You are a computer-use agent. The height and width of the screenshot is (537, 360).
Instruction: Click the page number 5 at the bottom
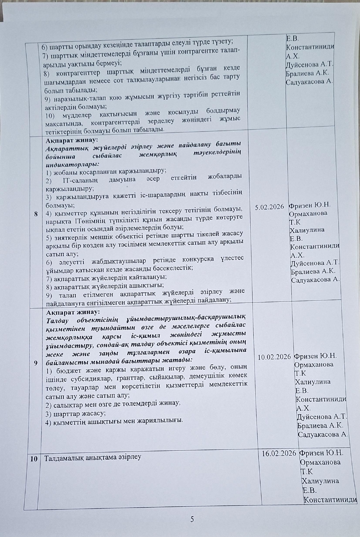(x=192, y=519)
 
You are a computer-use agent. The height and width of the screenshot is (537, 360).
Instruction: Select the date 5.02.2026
(x=269, y=207)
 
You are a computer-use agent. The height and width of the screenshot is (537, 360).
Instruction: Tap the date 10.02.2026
(x=274, y=357)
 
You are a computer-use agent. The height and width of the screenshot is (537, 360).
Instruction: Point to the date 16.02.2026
(x=279, y=453)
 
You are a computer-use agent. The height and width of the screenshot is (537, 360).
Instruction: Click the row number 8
(x=36, y=214)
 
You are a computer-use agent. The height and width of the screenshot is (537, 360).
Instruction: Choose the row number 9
(x=36, y=363)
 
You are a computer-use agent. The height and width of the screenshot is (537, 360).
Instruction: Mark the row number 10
(x=34, y=459)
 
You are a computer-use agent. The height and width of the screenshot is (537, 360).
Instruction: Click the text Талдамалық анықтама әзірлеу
(x=92, y=457)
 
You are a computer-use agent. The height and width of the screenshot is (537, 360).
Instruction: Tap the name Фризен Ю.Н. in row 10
(x=321, y=453)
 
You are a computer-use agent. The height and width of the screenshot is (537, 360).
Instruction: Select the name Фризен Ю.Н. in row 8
(x=309, y=205)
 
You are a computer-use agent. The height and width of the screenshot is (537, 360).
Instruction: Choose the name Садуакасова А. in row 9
(x=323, y=435)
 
